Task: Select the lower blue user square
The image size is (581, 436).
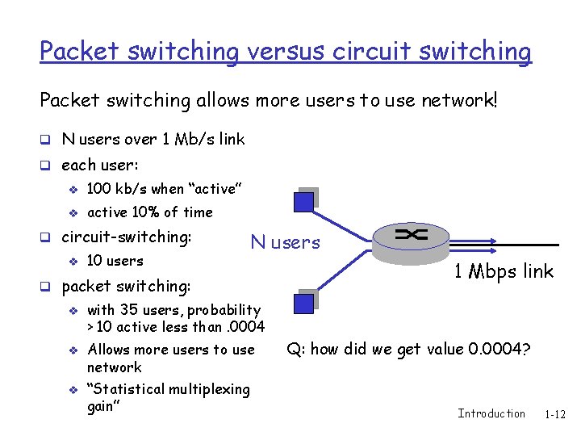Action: click(304, 302)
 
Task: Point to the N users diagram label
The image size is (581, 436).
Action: click(285, 242)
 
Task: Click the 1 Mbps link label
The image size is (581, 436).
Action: click(504, 271)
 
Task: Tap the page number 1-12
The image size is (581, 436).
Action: click(555, 414)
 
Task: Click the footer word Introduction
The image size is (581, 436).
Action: click(491, 413)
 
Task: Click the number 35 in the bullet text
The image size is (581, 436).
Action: click(127, 310)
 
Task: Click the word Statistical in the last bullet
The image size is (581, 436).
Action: click(135, 390)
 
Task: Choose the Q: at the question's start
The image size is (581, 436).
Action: click(296, 350)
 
